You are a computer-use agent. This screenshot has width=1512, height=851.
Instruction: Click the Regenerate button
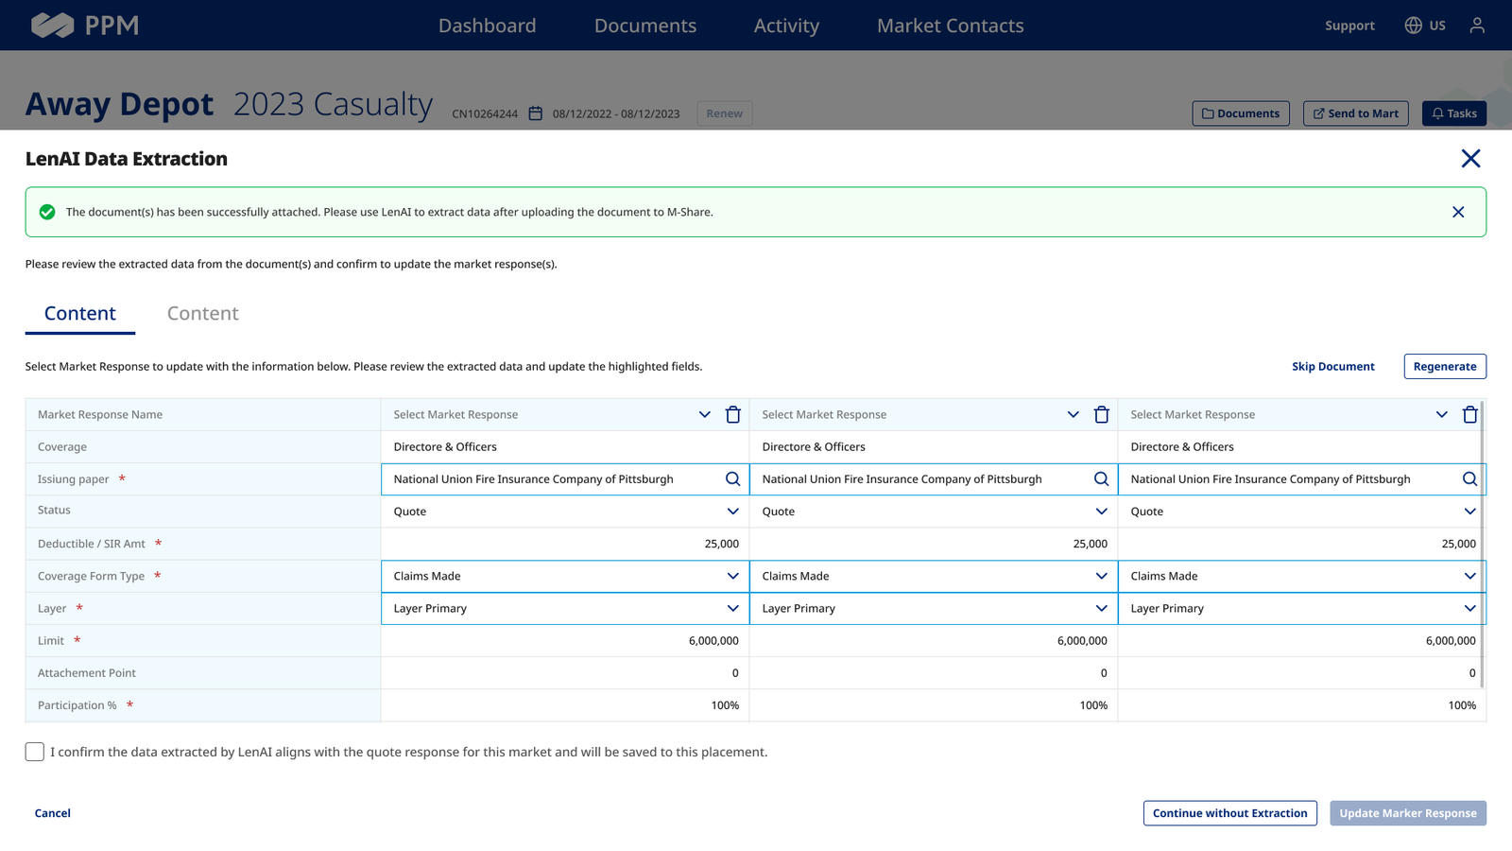pos(1445,366)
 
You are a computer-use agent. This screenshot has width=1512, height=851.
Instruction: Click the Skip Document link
pos(1333,366)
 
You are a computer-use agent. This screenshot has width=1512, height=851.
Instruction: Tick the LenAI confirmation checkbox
pos(34,752)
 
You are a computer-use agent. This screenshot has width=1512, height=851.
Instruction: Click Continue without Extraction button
pos(1229,812)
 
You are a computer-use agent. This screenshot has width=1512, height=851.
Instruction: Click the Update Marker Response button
pos(1408,812)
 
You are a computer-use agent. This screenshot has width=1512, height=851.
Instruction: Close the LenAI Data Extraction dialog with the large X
pos(1470,159)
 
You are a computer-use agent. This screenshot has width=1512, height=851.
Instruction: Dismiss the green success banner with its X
pos(1458,212)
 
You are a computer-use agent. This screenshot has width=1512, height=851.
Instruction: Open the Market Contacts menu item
pos(951,25)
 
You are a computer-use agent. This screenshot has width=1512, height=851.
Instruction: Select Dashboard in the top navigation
pos(488,25)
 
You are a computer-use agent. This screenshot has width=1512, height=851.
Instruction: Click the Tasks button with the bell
pos(1454,113)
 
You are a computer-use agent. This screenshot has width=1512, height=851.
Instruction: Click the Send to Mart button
pos(1355,113)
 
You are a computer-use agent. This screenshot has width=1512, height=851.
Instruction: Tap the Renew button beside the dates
pos(724,113)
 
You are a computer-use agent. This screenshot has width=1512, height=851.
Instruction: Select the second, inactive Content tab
pos(202,313)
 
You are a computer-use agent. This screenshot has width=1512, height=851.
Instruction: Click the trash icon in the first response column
pos(733,414)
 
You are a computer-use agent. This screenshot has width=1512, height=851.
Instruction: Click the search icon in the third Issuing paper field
pos(1469,478)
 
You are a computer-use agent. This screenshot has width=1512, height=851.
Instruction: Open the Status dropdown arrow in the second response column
pos(1101,512)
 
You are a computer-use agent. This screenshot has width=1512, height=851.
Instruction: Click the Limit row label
pos(51,640)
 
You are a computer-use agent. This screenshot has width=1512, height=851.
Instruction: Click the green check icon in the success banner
pos(47,212)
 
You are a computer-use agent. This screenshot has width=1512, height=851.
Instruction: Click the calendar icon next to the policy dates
pos(535,113)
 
